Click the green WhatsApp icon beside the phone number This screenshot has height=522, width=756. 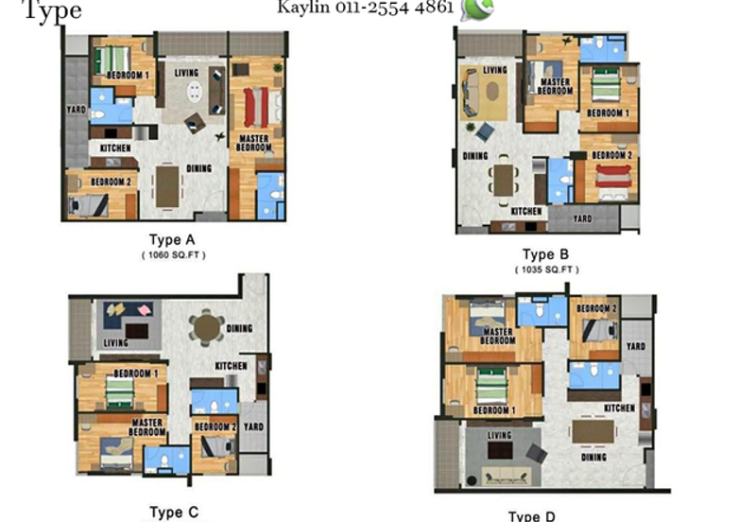point(474,9)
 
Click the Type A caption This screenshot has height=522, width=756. point(173,239)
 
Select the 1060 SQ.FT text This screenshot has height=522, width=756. point(173,254)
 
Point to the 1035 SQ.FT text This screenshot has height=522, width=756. point(546,270)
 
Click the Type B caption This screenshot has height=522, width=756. point(545,254)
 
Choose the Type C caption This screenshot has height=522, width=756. point(174,513)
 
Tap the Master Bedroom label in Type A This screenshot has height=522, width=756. point(253,144)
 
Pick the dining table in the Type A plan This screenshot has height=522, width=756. point(167,184)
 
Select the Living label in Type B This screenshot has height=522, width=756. point(495,70)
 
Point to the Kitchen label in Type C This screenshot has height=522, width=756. point(232,366)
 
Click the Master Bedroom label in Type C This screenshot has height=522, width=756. point(148,427)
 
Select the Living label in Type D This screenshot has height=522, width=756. point(499,436)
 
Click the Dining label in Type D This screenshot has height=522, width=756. point(593,457)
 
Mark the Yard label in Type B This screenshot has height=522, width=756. point(583,218)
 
